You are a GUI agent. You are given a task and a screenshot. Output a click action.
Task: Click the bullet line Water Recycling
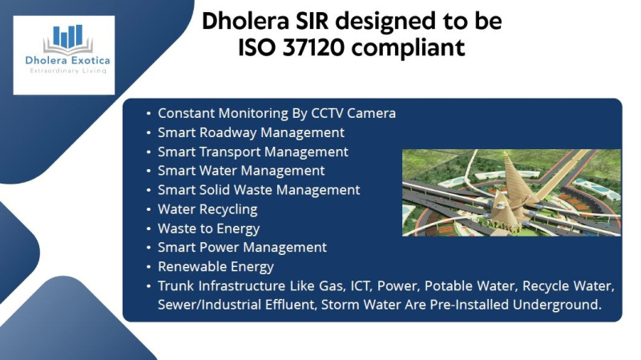click(x=208, y=209)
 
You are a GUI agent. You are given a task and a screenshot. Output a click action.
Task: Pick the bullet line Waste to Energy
click(x=208, y=229)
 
